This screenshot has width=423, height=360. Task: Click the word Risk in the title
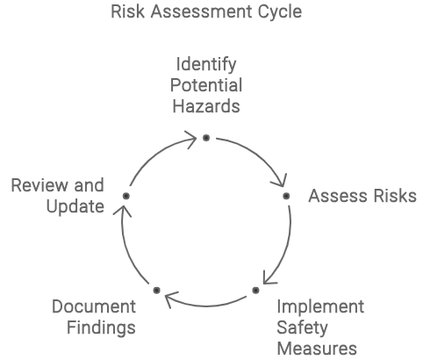pyautogui.click(x=127, y=11)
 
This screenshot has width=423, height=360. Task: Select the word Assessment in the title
pyautogui.click(x=201, y=11)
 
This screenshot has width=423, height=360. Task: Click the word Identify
pyautogui.click(x=206, y=65)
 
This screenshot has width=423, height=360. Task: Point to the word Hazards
pyautogui.click(x=206, y=106)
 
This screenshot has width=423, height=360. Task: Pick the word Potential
pyautogui.click(x=206, y=85)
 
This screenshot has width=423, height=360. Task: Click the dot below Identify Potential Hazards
pyautogui.click(x=206, y=138)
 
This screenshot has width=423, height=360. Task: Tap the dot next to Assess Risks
pyautogui.click(x=286, y=196)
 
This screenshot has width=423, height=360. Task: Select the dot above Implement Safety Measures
pyautogui.click(x=255, y=290)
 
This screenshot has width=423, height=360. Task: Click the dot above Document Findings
pyautogui.click(x=156, y=290)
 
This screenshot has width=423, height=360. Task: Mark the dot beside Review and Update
pyautogui.click(x=126, y=196)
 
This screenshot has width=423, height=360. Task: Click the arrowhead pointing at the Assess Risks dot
pyautogui.click(x=280, y=181)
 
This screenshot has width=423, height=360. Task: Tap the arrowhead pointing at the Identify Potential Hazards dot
pyautogui.click(x=191, y=140)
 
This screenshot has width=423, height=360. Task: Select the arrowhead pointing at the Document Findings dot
pyautogui.click(x=171, y=299)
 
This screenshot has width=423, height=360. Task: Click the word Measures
pyautogui.click(x=317, y=349)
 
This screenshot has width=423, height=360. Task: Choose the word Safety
pyautogui.click(x=302, y=328)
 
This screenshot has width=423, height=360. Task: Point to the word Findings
pyautogui.click(x=101, y=328)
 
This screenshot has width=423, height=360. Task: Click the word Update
pyautogui.click(x=75, y=207)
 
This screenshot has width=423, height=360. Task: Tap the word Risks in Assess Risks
pyautogui.click(x=395, y=196)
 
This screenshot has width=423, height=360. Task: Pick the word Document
pyautogui.click(x=94, y=306)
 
